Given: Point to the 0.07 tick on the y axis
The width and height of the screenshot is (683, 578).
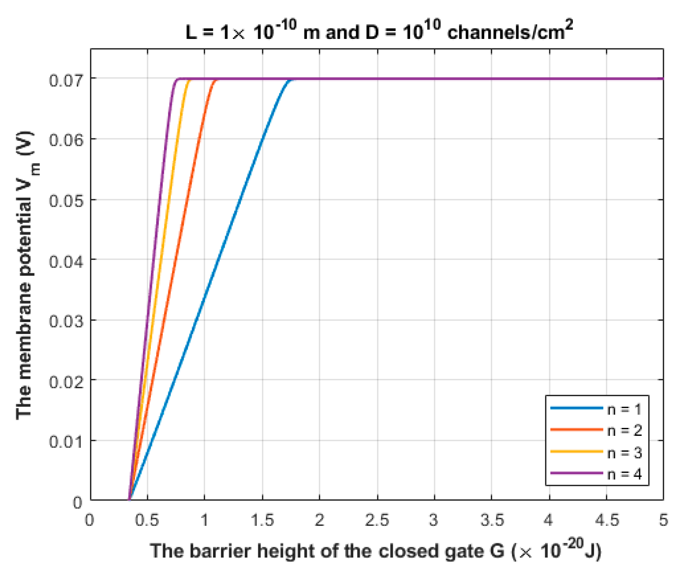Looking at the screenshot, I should click(66, 80).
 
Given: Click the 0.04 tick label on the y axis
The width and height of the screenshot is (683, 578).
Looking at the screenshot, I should click(66, 261).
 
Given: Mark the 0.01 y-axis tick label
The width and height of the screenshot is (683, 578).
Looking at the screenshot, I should click(66, 442).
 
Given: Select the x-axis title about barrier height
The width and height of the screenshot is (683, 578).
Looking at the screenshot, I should click(375, 551).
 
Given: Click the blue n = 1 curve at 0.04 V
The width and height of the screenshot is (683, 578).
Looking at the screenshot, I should click(218, 259).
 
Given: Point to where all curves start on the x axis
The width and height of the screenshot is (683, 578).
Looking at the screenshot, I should click(129, 499).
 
